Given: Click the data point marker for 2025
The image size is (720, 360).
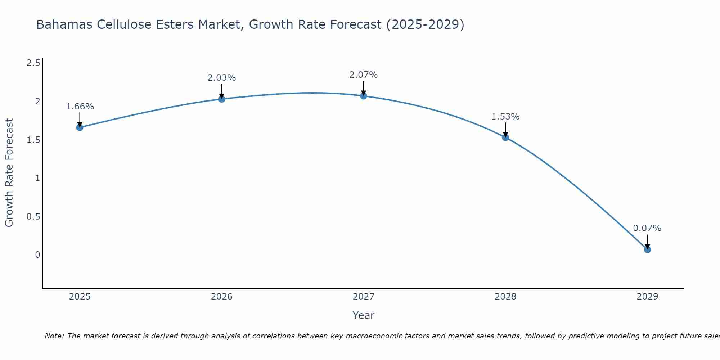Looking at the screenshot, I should click(80, 127).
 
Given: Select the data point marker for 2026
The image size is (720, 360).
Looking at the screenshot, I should click(222, 99).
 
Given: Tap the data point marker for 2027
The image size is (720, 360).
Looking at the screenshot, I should click(364, 96).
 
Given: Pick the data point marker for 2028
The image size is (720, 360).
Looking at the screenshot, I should click(505, 137).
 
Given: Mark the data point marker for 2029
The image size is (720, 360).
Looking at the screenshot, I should click(647, 249).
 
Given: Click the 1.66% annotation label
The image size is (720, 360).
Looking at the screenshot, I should click(80, 107).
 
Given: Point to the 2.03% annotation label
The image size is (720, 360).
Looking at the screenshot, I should click(222, 78).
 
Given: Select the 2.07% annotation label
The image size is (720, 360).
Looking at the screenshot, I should click(364, 75).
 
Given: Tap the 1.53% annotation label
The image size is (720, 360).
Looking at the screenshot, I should click(505, 117).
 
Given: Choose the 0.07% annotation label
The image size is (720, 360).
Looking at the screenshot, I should click(647, 228).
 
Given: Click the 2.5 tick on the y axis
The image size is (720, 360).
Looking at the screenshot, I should click(33, 63).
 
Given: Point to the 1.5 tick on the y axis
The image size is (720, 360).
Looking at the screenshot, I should click(33, 140).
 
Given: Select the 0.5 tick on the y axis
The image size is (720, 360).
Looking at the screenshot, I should click(33, 217).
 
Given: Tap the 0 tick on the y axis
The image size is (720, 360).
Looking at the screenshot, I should click(37, 255).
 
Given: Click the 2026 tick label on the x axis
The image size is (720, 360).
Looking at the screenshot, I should click(222, 297).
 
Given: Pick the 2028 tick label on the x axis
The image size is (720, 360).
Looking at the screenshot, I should click(505, 297).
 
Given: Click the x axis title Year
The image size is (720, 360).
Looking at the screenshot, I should click(364, 315).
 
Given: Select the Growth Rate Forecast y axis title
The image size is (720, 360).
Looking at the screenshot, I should click(9, 173).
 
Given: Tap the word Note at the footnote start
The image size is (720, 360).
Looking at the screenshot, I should click(54, 336).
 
